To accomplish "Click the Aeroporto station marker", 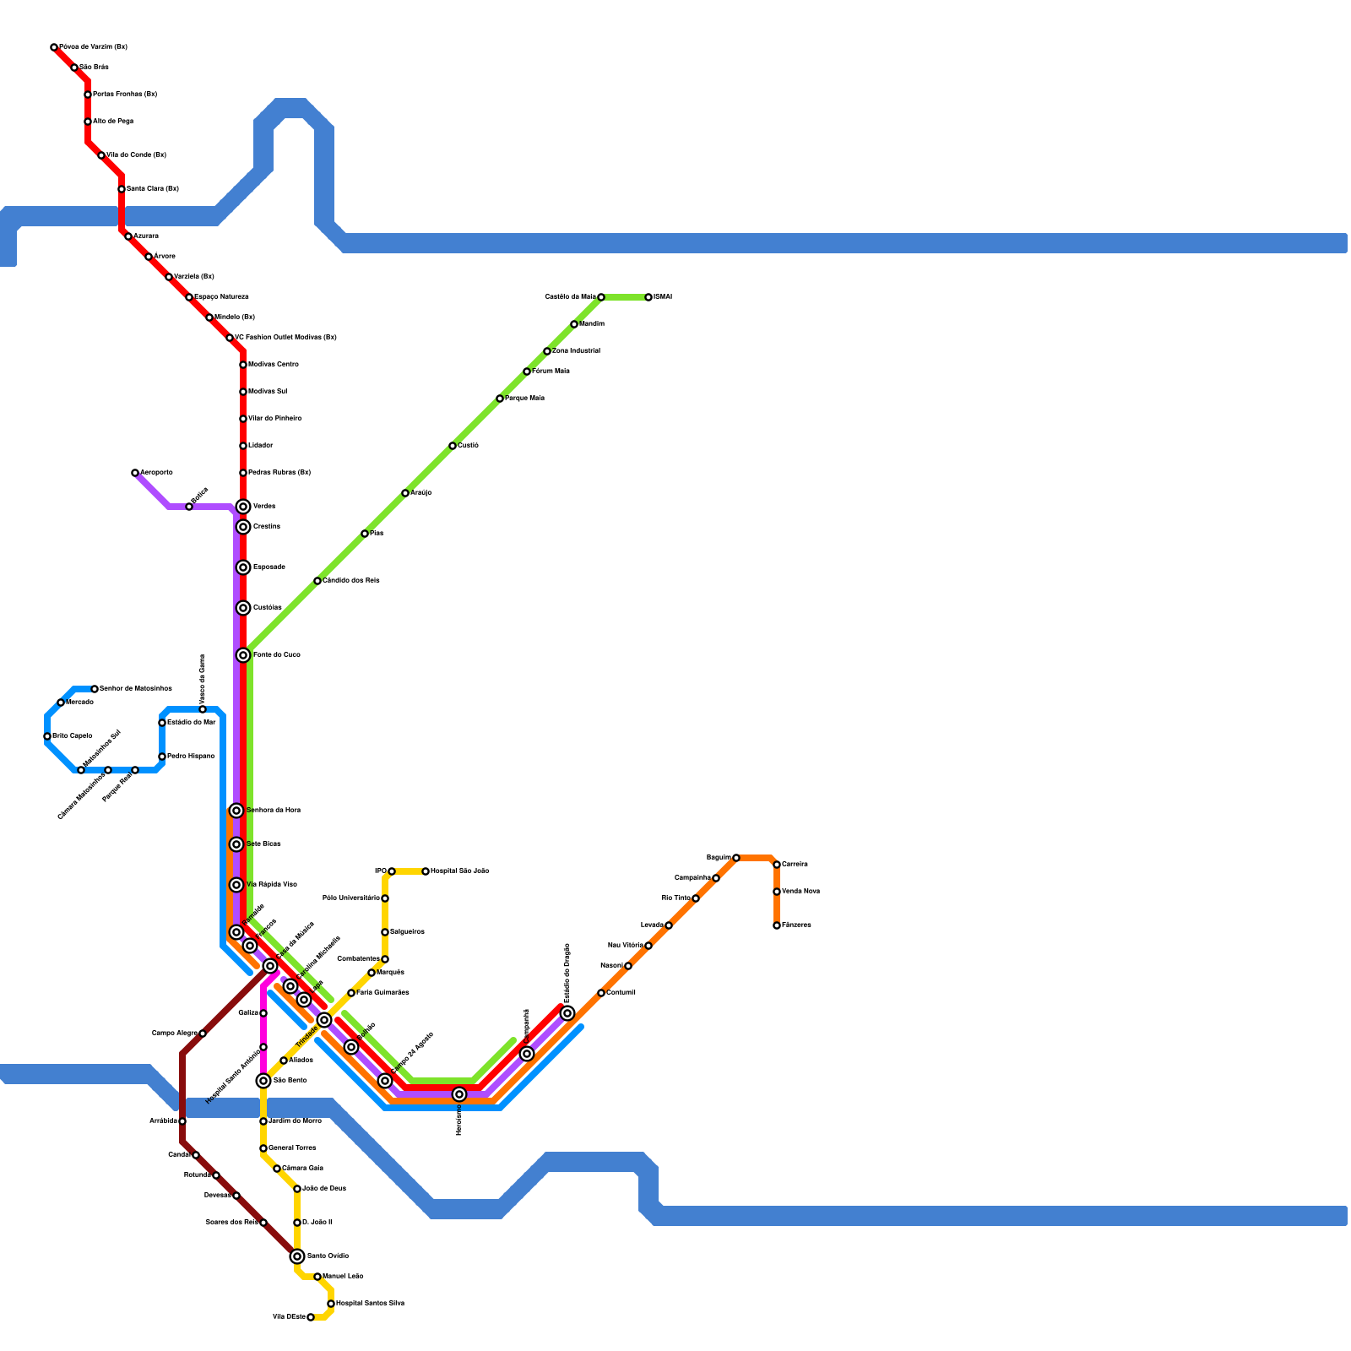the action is (x=135, y=473).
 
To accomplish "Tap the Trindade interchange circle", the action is (x=324, y=1020).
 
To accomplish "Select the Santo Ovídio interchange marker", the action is (x=297, y=1256).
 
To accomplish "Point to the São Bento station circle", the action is (x=263, y=1081).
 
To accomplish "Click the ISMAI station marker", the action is (x=648, y=297).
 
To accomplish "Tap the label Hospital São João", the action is (x=459, y=871).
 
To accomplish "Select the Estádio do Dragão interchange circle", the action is (x=567, y=1013).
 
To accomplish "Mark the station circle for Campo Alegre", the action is (x=203, y=1034).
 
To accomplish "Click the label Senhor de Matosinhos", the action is (x=135, y=688).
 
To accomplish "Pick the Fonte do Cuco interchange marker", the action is (x=243, y=655).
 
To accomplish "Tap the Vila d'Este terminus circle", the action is (x=311, y=1317).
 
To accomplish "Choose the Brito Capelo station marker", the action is (x=47, y=736).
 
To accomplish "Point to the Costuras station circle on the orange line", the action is (x=601, y=993).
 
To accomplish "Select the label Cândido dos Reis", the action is (x=350, y=580).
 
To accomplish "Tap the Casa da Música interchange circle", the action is (x=270, y=966).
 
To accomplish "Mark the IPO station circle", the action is (x=392, y=871).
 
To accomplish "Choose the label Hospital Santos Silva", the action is (x=370, y=1303).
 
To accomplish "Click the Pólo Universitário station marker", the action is (x=385, y=898).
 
